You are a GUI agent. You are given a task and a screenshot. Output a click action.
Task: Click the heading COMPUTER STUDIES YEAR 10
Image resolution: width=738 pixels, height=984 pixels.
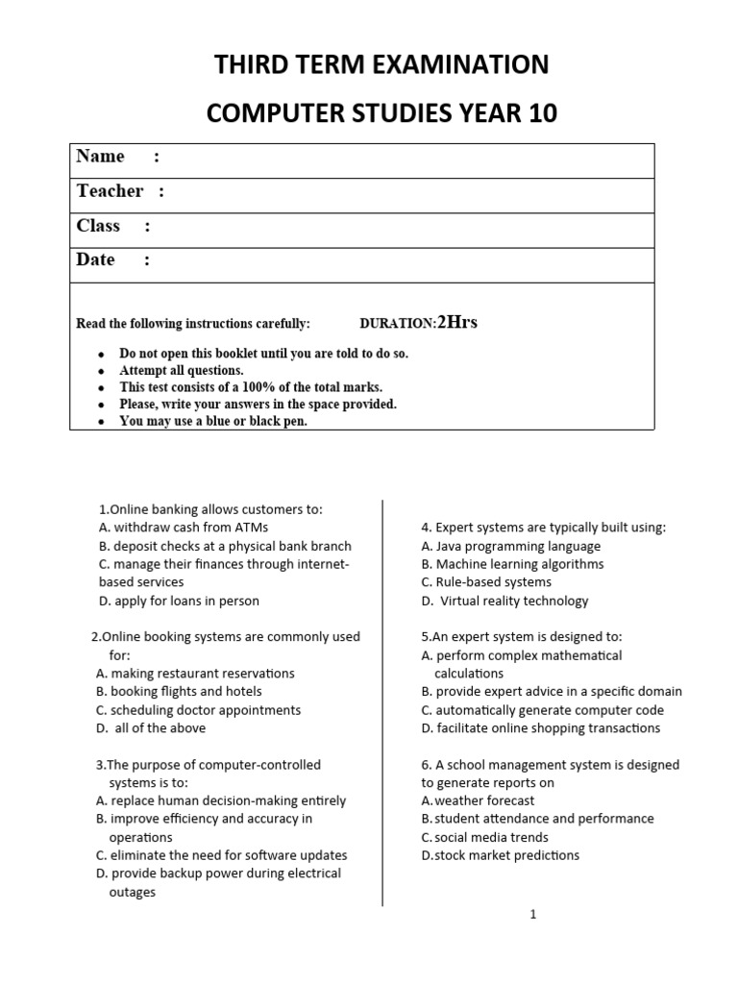[381, 114]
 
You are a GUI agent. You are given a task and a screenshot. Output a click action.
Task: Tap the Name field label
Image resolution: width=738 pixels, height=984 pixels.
[101, 157]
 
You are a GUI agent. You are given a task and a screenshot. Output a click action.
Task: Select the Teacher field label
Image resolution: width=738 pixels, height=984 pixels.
[111, 191]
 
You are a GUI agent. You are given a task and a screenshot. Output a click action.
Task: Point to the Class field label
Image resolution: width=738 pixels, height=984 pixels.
[98, 226]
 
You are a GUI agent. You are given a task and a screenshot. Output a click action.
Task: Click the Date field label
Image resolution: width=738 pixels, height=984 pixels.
[95, 260]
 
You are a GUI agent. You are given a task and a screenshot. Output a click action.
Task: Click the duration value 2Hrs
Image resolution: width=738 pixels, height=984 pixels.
[457, 323]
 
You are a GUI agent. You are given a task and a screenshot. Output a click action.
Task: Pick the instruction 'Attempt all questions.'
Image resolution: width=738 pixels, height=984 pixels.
[182, 370]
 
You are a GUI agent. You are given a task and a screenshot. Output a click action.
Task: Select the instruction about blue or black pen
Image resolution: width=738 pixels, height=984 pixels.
[213, 421]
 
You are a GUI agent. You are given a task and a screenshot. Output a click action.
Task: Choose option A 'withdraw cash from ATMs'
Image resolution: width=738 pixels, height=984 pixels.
[184, 528]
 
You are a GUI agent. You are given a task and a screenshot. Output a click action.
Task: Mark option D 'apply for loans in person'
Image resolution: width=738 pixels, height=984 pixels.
[179, 601]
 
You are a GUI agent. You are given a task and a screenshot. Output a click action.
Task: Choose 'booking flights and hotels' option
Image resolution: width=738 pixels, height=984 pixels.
[179, 691]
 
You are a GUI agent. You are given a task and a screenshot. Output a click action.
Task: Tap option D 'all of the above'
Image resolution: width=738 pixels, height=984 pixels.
[151, 727]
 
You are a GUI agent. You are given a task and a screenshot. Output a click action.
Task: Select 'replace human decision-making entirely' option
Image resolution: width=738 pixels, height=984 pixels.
[221, 800]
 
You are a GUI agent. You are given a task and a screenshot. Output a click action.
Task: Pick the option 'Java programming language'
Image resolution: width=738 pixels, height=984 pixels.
[510, 546]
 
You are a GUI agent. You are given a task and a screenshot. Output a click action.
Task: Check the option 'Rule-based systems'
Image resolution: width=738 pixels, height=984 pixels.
[486, 582]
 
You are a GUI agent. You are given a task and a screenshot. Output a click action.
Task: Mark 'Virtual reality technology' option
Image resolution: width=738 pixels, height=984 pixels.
[504, 601]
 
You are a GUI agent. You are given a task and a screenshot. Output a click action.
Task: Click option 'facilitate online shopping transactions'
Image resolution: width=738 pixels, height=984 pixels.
[540, 727]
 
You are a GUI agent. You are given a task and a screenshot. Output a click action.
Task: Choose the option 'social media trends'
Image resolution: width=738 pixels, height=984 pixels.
[484, 837]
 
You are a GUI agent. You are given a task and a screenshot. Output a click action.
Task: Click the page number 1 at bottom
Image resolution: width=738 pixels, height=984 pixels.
[533, 915]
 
